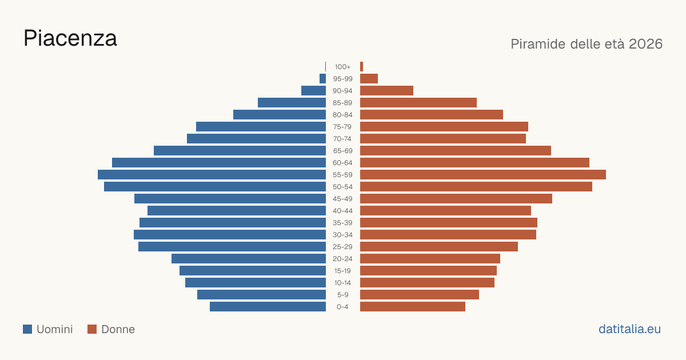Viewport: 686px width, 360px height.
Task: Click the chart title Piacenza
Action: [70, 38]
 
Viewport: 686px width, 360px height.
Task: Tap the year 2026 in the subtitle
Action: [645, 44]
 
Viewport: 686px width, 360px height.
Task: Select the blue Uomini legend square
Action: [27, 329]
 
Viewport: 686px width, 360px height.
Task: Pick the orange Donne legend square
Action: [92, 329]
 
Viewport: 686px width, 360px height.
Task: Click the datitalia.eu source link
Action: [629, 329]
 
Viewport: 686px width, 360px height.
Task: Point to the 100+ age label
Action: [342, 67]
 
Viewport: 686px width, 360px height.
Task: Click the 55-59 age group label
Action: [342, 175]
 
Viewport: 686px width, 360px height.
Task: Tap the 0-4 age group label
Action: [342, 307]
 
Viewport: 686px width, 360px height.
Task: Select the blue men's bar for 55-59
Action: [212, 174]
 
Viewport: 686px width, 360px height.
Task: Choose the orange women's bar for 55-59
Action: [483, 174]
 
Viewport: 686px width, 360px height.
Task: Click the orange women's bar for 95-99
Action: [369, 79]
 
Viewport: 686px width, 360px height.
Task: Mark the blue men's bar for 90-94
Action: [314, 91]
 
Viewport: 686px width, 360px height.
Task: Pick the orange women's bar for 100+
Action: [362, 67]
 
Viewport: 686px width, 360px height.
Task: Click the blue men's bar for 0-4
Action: [268, 307]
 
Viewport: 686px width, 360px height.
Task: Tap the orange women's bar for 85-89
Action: [418, 102]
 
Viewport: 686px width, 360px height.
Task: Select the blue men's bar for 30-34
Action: [230, 234]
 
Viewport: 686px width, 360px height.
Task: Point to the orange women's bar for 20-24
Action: [430, 259]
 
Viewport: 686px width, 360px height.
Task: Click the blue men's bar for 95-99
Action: [323, 79]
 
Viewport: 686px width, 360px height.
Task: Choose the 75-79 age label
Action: [342, 127]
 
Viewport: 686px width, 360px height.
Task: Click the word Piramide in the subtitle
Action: [538, 44]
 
